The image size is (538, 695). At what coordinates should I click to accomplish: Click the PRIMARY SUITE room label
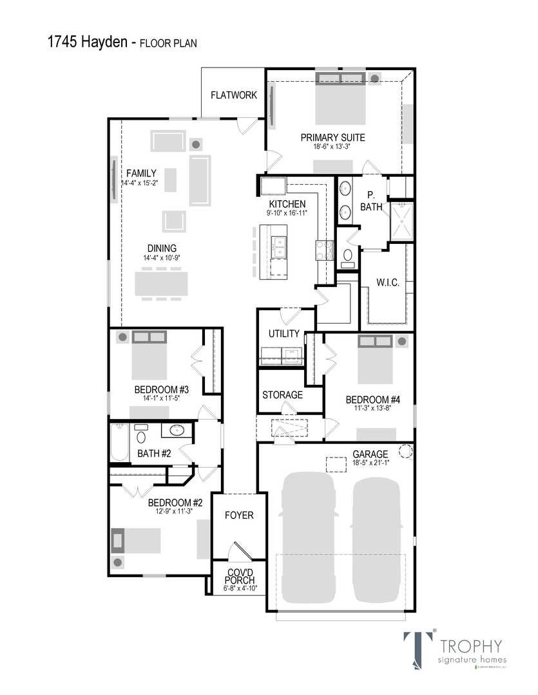click(332, 137)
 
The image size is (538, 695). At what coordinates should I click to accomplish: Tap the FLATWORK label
click(234, 95)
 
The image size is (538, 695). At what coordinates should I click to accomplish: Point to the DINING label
click(162, 248)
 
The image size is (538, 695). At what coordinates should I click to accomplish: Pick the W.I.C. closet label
click(388, 283)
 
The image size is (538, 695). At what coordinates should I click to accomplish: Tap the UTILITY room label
click(284, 333)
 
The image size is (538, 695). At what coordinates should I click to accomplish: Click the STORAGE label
click(282, 394)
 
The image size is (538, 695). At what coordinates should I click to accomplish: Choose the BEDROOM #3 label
click(161, 389)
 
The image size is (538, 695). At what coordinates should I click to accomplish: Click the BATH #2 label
click(155, 454)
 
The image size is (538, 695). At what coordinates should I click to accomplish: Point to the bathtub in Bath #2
click(119, 443)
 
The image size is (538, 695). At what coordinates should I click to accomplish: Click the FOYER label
click(239, 515)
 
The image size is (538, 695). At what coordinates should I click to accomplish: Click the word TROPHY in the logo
click(470, 645)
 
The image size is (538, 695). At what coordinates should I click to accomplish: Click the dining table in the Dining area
click(161, 284)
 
